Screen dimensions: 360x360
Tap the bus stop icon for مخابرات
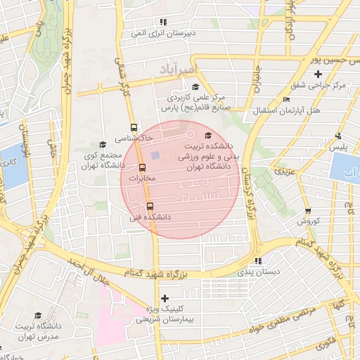(x=143, y=168)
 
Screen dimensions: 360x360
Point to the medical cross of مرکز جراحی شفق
(x=318, y=74)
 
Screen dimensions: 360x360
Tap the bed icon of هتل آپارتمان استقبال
(x=285, y=100)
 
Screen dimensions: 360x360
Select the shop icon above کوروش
(x=307, y=211)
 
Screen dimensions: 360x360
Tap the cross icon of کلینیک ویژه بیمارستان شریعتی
(x=165, y=298)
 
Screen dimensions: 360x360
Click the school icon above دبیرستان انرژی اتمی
(x=163, y=22)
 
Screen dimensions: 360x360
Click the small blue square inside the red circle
(x=155, y=155)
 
